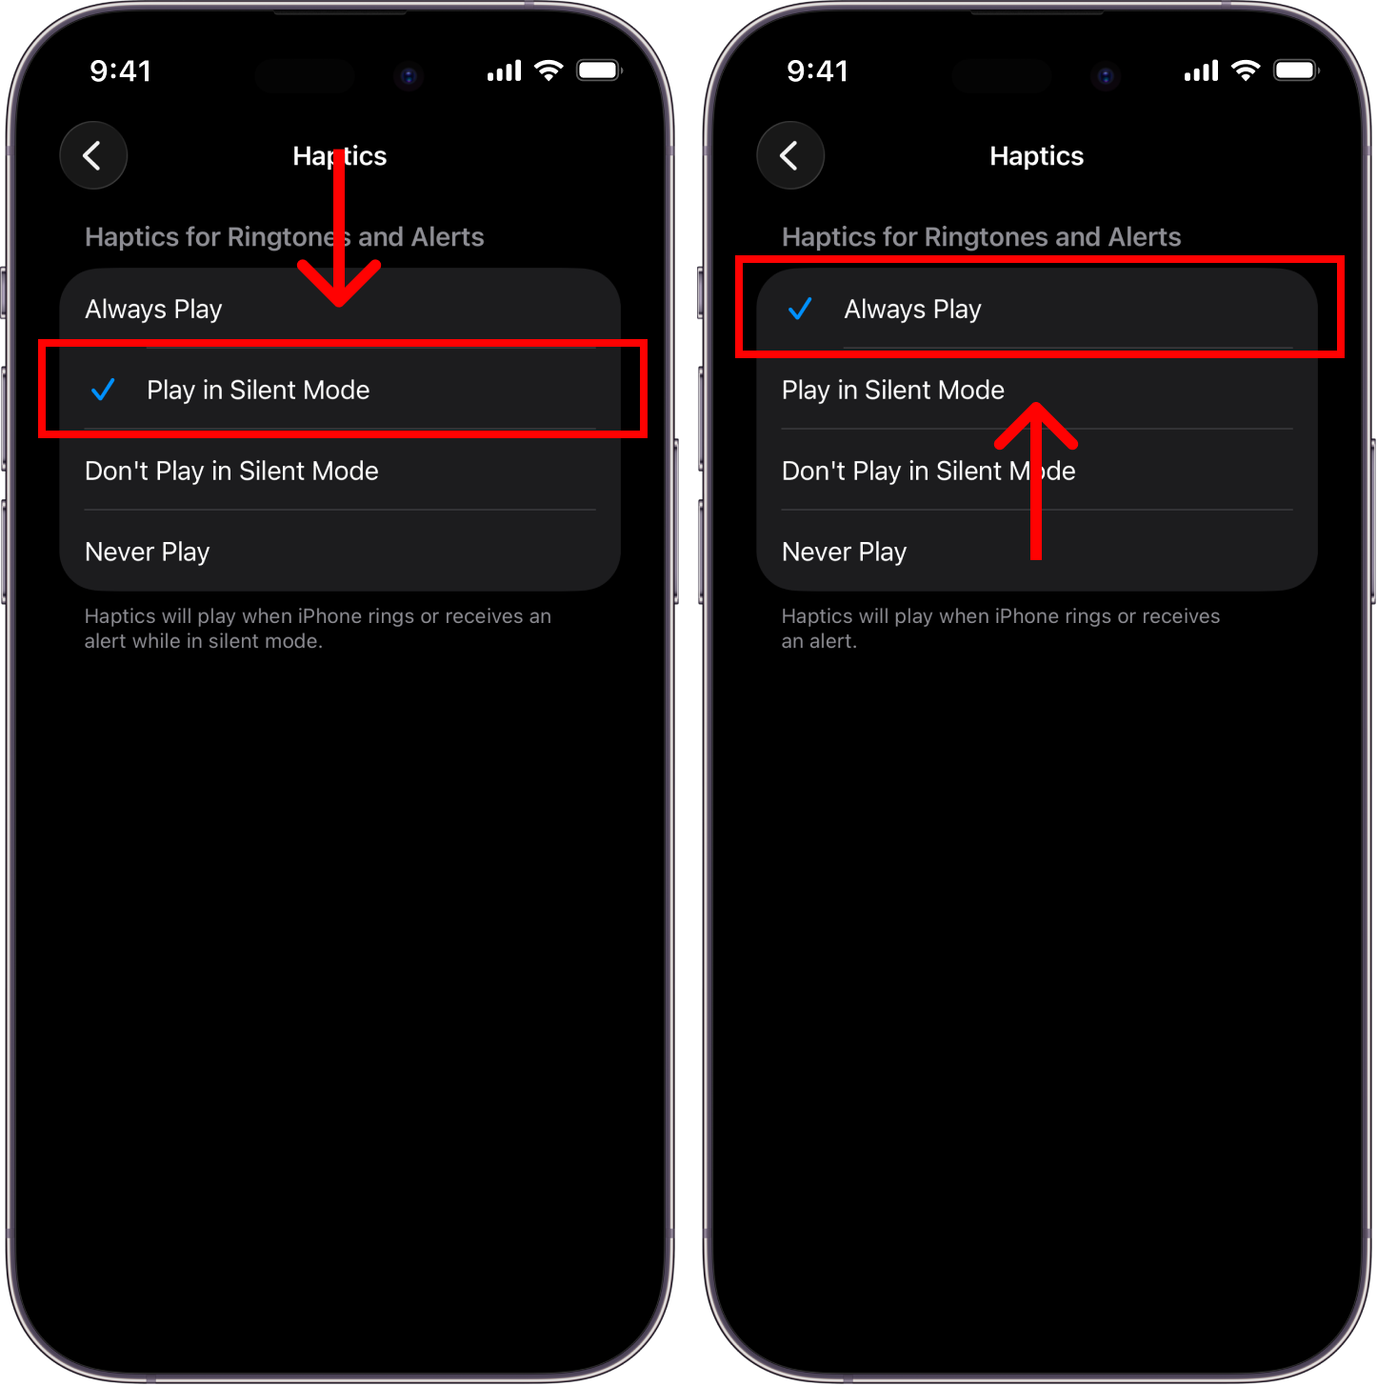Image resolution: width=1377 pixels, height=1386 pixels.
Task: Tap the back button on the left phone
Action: [93, 155]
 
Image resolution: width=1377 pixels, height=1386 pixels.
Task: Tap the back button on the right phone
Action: [790, 155]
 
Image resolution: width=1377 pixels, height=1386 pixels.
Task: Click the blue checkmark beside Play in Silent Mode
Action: [103, 389]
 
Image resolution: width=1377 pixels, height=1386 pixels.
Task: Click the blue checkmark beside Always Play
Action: [800, 309]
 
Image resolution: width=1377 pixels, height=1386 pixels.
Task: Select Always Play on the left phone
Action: [153, 310]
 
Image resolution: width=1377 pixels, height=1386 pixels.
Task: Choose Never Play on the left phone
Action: [148, 552]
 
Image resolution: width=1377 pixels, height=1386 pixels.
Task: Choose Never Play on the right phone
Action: [844, 552]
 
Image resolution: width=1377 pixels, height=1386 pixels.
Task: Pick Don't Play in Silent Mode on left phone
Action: [231, 472]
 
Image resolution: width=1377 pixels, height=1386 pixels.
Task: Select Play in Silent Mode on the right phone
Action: [893, 390]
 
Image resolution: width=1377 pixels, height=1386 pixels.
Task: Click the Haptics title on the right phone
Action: [1036, 156]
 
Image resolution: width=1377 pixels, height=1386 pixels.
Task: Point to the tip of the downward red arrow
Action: [339, 305]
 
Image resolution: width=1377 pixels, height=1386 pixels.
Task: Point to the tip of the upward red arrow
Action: [1035, 404]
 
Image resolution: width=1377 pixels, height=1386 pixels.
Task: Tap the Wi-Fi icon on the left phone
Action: [549, 70]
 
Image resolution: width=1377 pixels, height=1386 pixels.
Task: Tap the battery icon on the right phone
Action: [1296, 70]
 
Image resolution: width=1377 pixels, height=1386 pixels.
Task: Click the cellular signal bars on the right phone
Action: [1201, 70]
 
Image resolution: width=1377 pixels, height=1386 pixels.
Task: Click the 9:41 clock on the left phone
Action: [121, 71]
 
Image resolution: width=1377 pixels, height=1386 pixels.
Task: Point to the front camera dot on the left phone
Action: [409, 75]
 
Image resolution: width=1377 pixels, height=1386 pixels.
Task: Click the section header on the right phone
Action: [981, 236]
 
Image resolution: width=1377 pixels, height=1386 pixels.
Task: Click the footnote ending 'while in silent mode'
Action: [318, 629]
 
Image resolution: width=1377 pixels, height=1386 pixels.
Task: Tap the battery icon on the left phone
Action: [599, 70]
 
